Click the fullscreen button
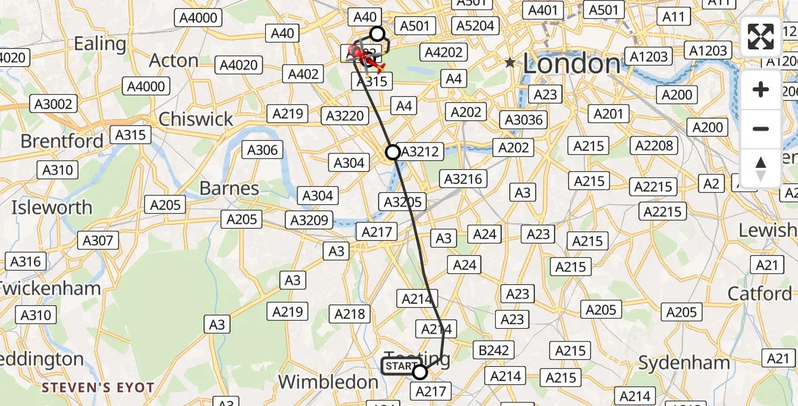tap(761, 37)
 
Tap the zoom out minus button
tap(761, 129)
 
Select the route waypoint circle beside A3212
tap(392, 152)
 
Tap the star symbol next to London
tap(510, 63)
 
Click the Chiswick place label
tap(195, 119)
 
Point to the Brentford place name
tap(62, 141)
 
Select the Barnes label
tap(229, 187)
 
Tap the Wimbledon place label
tap(328, 382)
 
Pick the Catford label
tap(759, 294)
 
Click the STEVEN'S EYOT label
tap(97, 388)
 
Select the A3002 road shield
tap(54, 104)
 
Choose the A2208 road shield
tap(655, 145)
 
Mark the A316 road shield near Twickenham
tap(26, 261)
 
